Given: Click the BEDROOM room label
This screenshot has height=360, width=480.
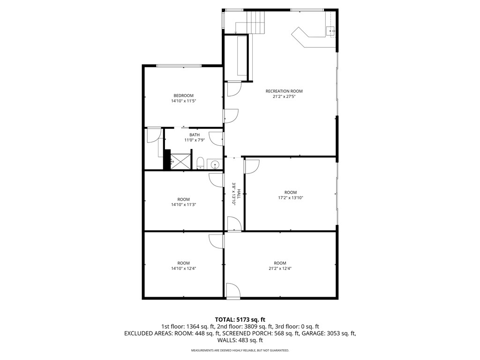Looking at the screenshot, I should [183, 96].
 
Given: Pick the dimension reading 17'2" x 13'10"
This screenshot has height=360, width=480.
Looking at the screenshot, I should [291, 198].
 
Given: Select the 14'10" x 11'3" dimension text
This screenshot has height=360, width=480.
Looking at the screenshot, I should [183, 204].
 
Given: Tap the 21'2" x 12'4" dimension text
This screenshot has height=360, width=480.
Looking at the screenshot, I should [280, 269].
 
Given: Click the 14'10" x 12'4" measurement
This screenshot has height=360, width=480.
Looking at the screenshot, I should [183, 269].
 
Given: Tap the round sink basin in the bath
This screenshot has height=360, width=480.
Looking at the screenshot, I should [214, 165].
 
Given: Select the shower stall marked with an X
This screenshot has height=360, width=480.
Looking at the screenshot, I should [181, 160].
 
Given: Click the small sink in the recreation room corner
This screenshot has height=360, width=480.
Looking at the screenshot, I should [331, 31].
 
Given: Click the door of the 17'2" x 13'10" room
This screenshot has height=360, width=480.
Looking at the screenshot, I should [251, 166].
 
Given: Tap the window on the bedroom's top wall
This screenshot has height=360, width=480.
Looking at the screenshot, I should [179, 66].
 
